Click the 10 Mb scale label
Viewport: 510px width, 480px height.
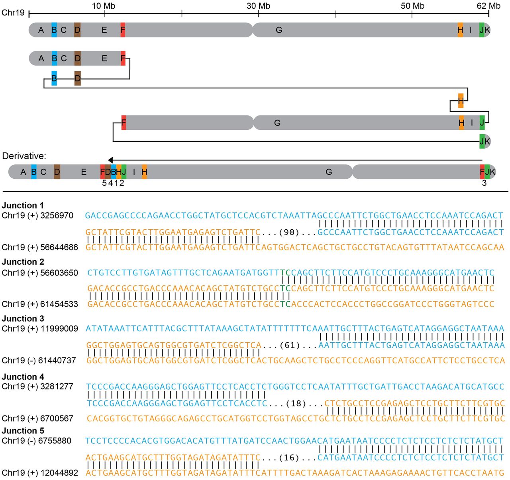(x=104, y=6)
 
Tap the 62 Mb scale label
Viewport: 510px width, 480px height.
(x=489, y=6)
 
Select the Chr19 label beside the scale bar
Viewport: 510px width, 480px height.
(x=13, y=13)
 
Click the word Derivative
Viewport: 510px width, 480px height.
(x=24, y=156)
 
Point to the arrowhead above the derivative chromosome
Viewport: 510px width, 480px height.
(x=110, y=160)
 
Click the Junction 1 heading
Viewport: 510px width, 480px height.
(x=23, y=205)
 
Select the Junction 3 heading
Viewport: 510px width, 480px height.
(x=23, y=319)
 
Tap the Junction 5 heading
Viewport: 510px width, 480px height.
(x=23, y=431)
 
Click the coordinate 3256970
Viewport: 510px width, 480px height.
(x=57, y=215)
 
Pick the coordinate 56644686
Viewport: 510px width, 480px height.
(x=59, y=247)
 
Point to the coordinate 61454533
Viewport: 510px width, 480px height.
(x=59, y=304)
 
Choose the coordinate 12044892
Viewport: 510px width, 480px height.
(x=59, y=472)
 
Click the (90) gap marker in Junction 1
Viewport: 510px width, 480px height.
(x=289, y=232)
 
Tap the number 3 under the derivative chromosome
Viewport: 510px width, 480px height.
(x=484, y=183)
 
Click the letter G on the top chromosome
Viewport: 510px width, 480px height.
(x=279, y=30)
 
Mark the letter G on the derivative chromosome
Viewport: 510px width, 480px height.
(x=329, y=172)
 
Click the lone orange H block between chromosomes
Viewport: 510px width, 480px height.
(x=461, y=101)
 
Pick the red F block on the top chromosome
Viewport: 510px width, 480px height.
(x=123, y=30)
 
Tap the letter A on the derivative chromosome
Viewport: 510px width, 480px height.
(x=23, y=172)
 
